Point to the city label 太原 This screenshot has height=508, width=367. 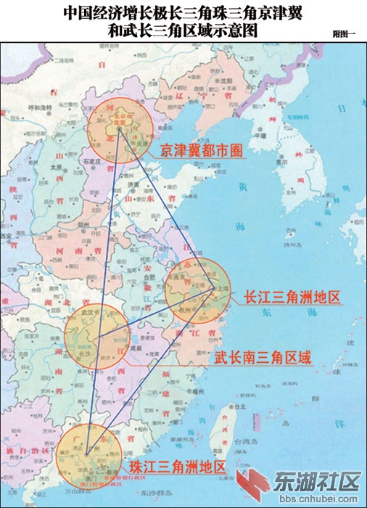[x=55, y=166]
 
